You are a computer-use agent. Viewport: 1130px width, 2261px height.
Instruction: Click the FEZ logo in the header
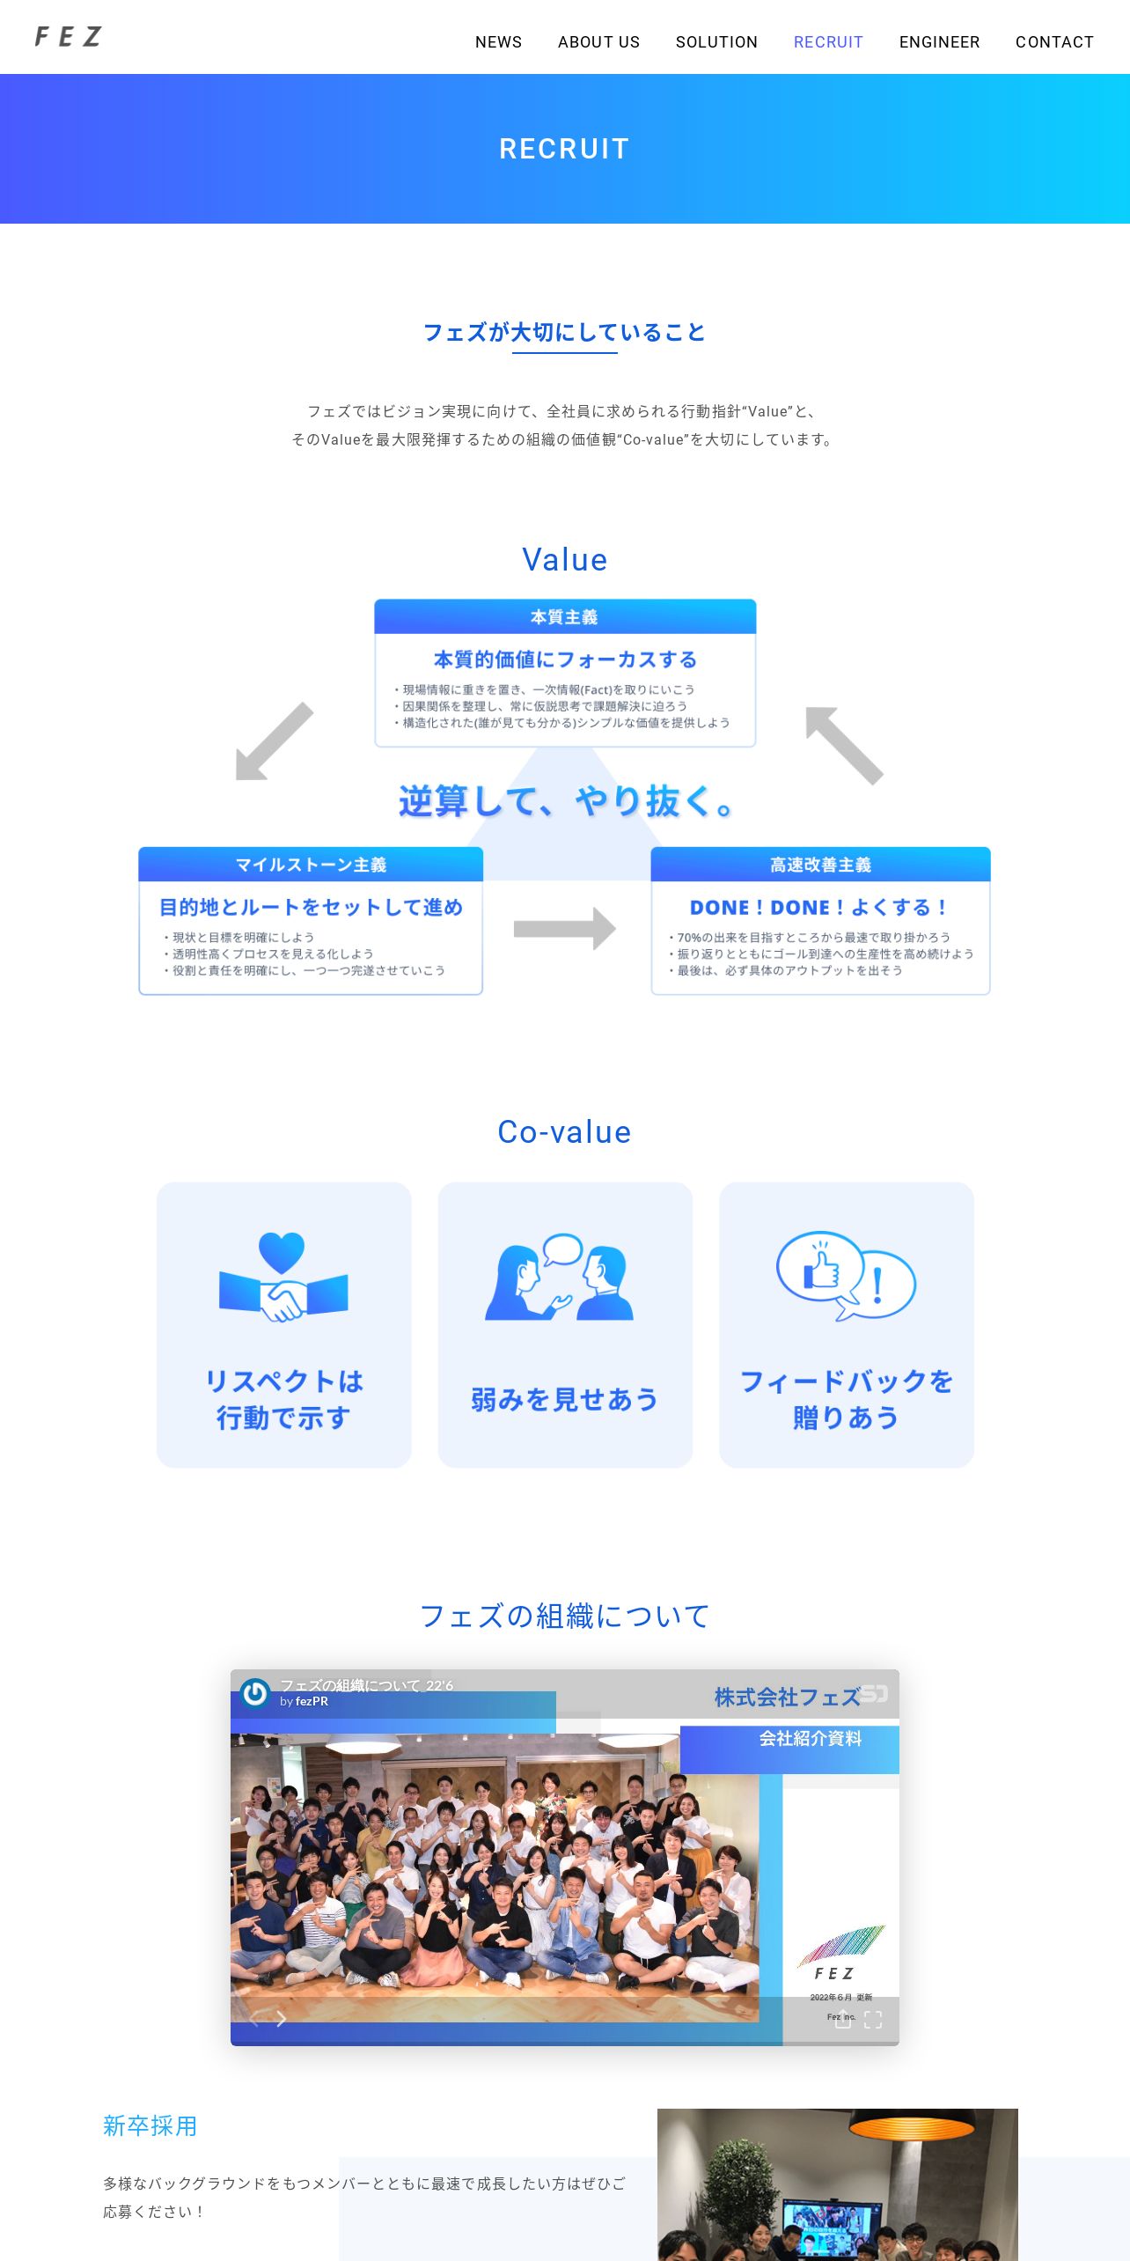[68, 37]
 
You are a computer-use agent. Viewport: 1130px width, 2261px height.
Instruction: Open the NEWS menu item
[498, 42]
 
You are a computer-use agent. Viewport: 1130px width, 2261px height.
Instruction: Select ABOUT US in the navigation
[598, 42]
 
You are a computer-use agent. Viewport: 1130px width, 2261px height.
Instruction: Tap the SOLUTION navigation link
[716, 42]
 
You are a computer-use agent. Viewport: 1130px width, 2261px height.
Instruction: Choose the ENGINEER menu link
[939, 42]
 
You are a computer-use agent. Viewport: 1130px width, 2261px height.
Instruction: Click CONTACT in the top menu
[1054, 42]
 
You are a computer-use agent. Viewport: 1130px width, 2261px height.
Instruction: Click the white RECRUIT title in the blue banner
[564, 149]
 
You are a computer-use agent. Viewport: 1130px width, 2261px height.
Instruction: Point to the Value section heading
[564, 560]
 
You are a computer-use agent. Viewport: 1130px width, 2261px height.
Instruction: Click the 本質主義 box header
[564, 617]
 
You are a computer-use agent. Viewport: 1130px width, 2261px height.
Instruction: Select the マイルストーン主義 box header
[311, 865]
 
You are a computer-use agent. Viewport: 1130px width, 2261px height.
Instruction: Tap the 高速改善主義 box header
[820, 865]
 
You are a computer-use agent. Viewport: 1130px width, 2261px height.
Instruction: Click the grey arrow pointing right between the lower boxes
[564, 929]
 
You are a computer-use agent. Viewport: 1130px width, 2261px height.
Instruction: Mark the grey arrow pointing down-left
[274, 741]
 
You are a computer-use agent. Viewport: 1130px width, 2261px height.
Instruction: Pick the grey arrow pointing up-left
[844, 745]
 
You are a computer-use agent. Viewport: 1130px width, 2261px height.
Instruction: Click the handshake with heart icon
[283, 1277]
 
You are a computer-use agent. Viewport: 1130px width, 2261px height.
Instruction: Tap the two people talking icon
[560, 1277]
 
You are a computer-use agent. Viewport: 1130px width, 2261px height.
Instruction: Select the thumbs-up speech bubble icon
[845, 1275]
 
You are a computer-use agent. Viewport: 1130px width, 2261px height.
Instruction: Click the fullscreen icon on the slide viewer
[873, 2020]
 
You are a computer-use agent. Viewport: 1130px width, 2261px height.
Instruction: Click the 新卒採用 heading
[150, 2126]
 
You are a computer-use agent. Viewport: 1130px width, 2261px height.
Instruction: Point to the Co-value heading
[564, 1132]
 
